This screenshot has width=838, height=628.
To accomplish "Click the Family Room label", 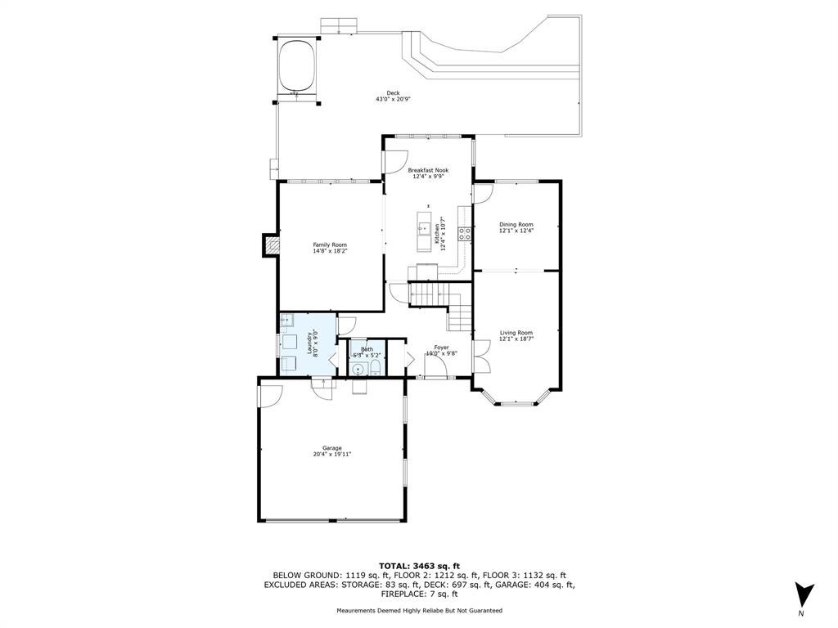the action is [330, 244].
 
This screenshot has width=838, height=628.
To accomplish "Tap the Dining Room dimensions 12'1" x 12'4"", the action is [516, 231].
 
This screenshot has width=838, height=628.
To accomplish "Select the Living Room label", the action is [516, 332].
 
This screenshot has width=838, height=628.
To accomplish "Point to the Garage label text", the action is [332, 448].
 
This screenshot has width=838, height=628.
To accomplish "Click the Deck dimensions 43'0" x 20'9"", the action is [393, 99].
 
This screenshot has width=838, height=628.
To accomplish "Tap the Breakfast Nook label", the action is [428, 170].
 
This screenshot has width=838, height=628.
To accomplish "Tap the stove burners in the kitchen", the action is [464, 233].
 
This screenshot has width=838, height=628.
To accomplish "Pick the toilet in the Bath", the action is [375, 367].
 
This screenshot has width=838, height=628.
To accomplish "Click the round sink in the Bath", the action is [358, 369].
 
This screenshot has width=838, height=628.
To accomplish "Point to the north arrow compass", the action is [804, 597].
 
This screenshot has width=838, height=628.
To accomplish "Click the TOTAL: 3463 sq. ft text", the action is [419, 566].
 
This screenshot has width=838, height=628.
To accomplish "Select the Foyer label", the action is [441, 347].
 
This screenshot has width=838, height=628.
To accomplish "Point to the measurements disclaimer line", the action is [419, 610].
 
